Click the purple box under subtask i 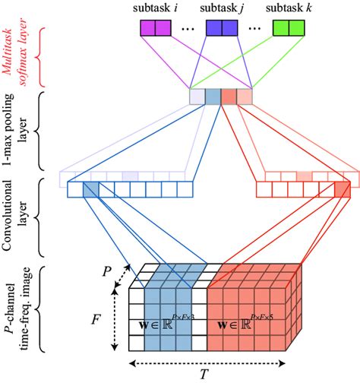[x=156, y=29]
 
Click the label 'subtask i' [x=157, y=8]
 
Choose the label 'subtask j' [x=223, y=8]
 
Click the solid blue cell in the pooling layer [x=213, y=97]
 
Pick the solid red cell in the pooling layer [x=229, y=97]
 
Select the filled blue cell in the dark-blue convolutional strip [x=90, y=189]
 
